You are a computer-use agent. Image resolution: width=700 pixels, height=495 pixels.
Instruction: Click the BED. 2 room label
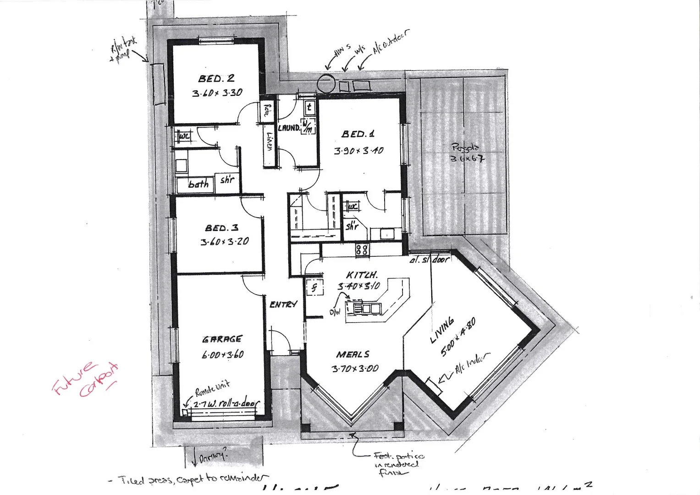216,78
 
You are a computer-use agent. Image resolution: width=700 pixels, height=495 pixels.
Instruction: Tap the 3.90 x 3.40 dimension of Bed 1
358,150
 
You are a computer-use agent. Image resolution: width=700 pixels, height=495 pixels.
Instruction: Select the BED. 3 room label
221,228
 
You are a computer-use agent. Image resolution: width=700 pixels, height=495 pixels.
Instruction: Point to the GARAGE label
222,339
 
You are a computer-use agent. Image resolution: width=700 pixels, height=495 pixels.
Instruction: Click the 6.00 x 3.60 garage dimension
222,354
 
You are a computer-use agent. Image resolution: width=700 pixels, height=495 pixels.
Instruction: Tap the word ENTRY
283,304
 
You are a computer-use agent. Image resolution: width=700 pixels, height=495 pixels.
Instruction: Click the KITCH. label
362,275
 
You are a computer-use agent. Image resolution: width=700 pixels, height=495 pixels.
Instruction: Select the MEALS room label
353,354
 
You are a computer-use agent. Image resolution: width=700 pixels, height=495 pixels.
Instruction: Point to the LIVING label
442,330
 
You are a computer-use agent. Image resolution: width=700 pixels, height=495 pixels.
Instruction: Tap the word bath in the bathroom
198,184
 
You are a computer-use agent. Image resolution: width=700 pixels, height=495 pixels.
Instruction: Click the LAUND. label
289,128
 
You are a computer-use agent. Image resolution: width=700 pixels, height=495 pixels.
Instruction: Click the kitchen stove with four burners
362,250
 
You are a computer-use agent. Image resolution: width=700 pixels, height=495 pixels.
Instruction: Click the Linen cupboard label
270,142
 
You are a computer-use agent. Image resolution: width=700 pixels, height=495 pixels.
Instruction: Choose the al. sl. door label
430,259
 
